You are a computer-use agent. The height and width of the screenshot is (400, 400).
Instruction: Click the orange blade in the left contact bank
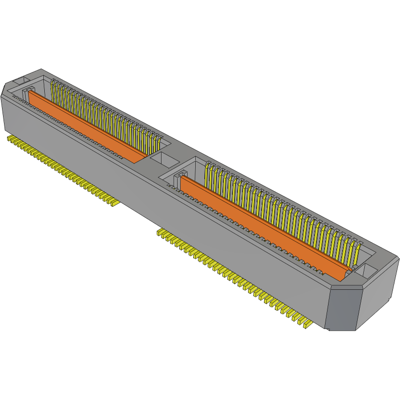pos(86,126)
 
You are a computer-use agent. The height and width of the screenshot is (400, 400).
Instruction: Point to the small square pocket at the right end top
pos(369,272)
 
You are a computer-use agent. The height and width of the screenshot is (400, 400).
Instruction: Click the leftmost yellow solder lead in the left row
pos(10,137)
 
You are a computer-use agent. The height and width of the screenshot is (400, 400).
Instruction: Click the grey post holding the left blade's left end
pos(25,94)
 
